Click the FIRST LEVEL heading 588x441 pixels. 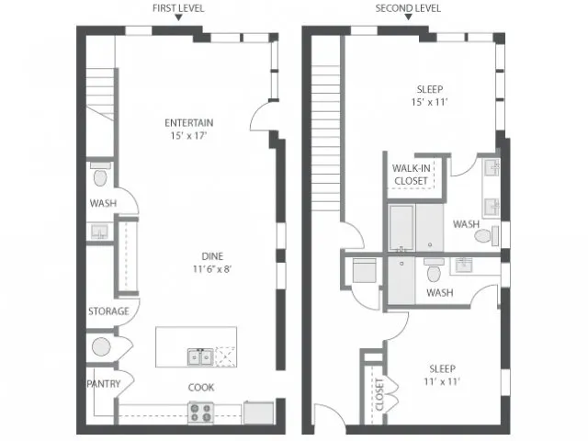(x=178, y=8)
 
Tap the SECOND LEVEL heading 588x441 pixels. (x=408, y=8)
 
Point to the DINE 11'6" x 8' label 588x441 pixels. (x=212, y=263)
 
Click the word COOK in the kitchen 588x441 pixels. (x=201, y=388)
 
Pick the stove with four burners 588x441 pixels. (x=200, y=413)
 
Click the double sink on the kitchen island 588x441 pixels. (x=200, y=357)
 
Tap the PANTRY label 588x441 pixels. (x=104, y=384)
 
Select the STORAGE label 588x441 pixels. (x=108, y=311)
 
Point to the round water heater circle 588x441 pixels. (x=101, y=347)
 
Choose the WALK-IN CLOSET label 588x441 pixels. (x=411, y=175)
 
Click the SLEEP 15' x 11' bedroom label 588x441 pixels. (x=430, y=96)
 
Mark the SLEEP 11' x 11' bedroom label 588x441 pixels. (x=442, y=375)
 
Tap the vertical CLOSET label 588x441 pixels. (x=379, y=394)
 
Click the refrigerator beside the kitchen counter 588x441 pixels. (x=259, y=413)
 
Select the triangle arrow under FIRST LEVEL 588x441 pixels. (x=179, y=17)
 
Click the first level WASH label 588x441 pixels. (x=103, y=203)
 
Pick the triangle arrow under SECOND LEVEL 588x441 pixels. (x=408, y=17)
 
